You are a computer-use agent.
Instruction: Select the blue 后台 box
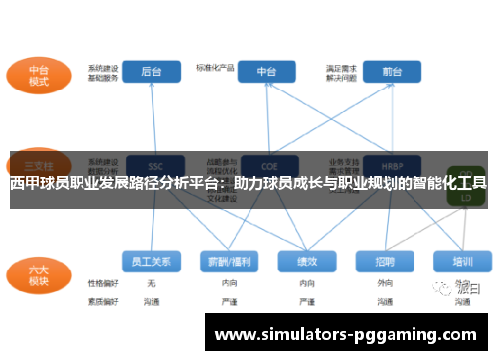point(152,71)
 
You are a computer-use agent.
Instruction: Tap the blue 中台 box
point(267,71)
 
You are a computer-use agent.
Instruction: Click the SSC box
point(153,164)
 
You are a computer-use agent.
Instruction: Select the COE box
point(266,164)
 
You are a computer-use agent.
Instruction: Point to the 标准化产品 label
point(215,67)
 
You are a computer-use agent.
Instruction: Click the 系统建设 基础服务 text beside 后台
point(102,72)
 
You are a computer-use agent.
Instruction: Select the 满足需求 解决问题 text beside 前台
point(341,72)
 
